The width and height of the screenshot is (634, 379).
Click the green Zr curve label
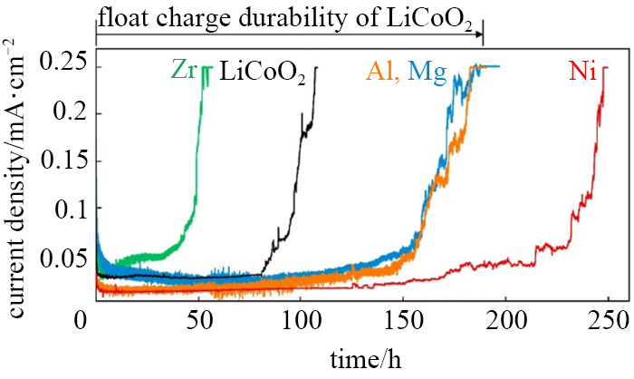click(184, 71)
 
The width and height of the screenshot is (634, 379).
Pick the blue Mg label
click(427, 71)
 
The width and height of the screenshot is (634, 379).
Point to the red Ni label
click(581, 71)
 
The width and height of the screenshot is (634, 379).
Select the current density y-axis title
click(18, 178)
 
